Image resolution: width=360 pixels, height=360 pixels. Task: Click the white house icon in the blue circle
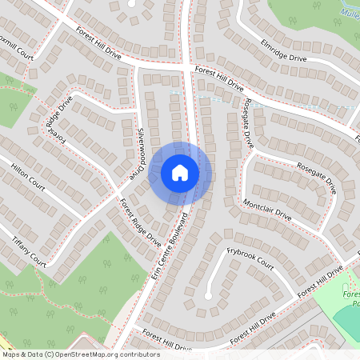pos(180,172)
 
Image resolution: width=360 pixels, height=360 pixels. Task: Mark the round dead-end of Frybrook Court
pos(208,296)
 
